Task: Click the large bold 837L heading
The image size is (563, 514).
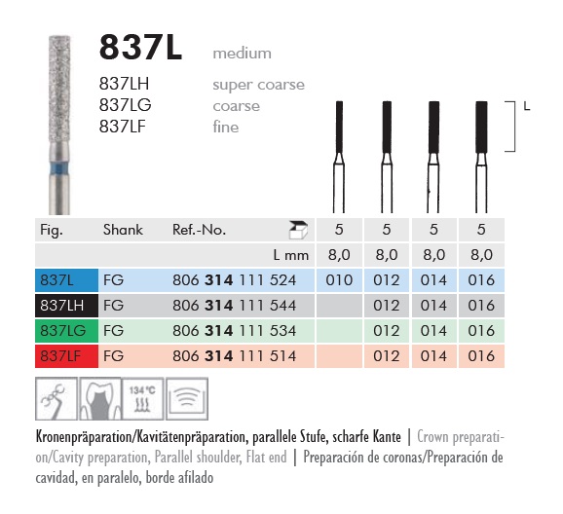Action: pyautogui.click(x=140, y=48)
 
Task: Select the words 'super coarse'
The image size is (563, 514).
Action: pyautogui.click(x=258, y=85)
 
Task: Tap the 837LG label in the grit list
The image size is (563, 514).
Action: pyautogui.click(x=125, y=105)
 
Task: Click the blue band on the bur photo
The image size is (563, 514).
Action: pyautogui.click(x=59, y=168)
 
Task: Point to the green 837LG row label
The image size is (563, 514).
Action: pyautogui.click(x=66, y=331)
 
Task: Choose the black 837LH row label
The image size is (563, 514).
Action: pyautogui.click(x=66, y=306)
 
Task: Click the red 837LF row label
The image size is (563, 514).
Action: pyautogui.click(x=66, y=356)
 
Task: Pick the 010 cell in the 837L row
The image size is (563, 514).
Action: pyautogui.click(x=339, y=280)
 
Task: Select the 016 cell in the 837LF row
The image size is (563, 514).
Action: pyautogui.click(x=481, y=356)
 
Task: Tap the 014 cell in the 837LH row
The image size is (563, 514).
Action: pyautogui.click(x=433, y=306)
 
